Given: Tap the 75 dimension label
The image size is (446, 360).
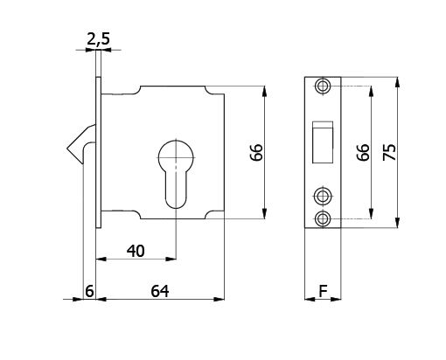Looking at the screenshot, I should pyautogui.click(x=390, y=152).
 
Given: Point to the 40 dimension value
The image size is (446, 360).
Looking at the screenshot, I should pyautogui.click(x=135, y=251).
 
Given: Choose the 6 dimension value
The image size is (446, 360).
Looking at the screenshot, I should pyautogui.click(x=88, y=291).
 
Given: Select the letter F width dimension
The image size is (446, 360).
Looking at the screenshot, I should pyautogui.click(x=324, y=291).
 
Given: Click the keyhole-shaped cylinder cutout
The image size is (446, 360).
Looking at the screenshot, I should pyautogui.click(x=176, y=171).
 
